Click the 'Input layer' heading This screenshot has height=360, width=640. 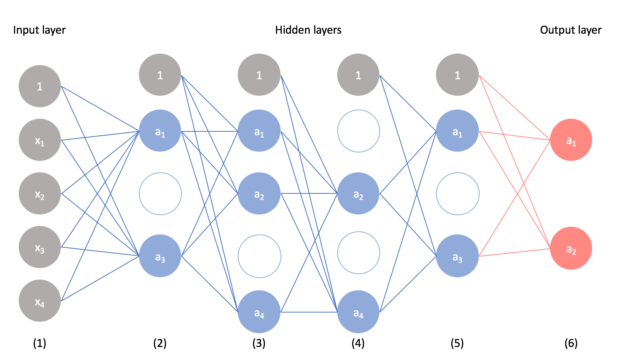coord(39,30)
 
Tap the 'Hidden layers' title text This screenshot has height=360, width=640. coord(308,30)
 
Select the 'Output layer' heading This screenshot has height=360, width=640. coord(571,30)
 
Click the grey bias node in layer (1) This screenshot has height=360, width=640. coord(40,86)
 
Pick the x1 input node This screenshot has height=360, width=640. coord(40,140)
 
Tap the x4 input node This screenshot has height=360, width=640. coord(40,301)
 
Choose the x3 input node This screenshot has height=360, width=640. coord(40,247)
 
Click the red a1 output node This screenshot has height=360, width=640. coord(571,140)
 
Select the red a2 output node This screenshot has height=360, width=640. coord(571,248)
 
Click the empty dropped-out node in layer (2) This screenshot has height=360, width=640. coord(160,194)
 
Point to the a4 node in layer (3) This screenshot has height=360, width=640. coord(259,312)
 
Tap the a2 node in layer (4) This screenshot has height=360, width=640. coord(358,193)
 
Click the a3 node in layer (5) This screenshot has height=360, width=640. coord(457,256)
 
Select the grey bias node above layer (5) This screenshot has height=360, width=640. coord(457,75)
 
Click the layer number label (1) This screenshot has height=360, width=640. coord(39,343)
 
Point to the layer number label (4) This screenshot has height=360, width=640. coord(358,343)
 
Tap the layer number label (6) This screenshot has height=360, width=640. coord(571,343)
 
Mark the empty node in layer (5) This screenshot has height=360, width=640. coord(457,194)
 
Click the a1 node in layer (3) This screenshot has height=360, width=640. coord(259,131)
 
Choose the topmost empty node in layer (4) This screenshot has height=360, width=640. coord(358,131)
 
